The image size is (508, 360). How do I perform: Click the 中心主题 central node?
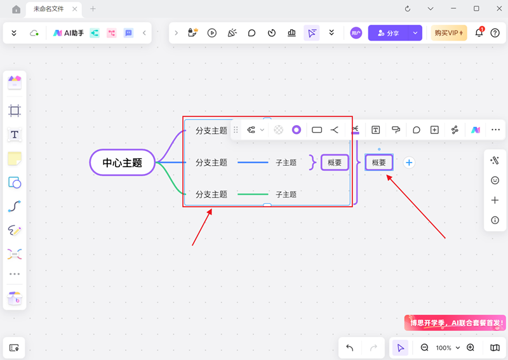(123, 163)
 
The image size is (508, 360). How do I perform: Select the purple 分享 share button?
(388, 33)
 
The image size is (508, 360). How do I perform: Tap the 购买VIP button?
(448, 33)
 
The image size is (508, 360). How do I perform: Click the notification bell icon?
(479, 33)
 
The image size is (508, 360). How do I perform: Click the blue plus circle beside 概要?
(409, 163)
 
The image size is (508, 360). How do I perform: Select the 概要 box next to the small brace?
(335, 163)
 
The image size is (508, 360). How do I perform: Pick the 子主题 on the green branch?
(286, 194)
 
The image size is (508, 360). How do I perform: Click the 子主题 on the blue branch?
(286, 163)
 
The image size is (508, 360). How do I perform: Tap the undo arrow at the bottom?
(350, 347)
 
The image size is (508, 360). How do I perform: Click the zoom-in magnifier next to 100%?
(471, 347)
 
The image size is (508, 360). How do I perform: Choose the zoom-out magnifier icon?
(425, 347)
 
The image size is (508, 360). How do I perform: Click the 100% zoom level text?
(443, 348)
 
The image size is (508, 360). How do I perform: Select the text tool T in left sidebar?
(15, 135)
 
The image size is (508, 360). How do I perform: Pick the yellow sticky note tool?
(15, 158)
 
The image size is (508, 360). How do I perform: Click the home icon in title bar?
(16, 9)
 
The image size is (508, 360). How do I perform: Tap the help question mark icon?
(495, 33)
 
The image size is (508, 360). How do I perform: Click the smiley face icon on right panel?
(495, 180)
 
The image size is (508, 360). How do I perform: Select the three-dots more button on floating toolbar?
(495, 130)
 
